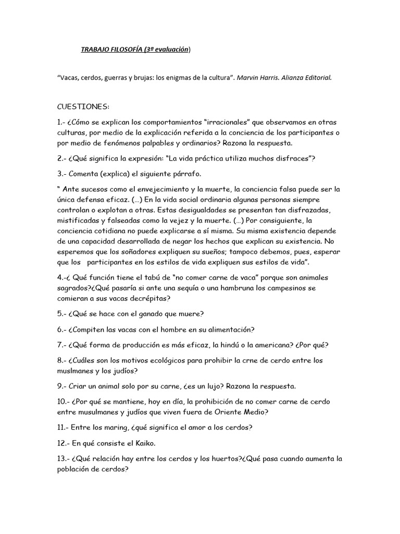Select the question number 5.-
[x=61, y=313]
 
